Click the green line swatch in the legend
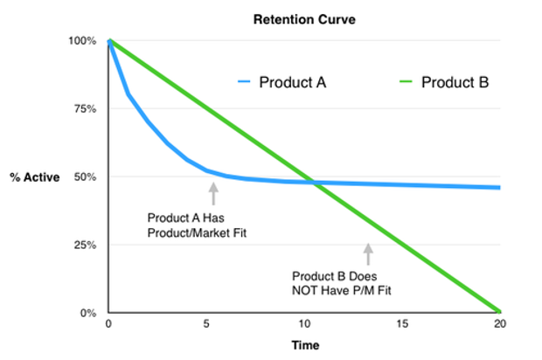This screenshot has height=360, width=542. click(x=399, y=83)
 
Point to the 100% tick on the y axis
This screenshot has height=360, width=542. click(x=82, y=41)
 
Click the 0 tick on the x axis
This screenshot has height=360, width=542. click(x=108, y=323)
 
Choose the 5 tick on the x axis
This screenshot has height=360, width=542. click(x=206, y=323)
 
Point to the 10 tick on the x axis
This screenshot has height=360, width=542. click(x=304, y=323)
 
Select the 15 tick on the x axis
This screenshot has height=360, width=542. click(x=402, y=323)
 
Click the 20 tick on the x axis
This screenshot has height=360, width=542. click(x=500, y=323)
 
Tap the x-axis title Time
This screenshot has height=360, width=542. click(x=304, y=345)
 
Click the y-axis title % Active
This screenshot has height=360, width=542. click(x=35, y=177)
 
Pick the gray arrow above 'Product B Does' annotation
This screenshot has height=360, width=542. click(x=369, y=253)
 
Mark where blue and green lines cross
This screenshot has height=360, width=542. click(x=314, y=183)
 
